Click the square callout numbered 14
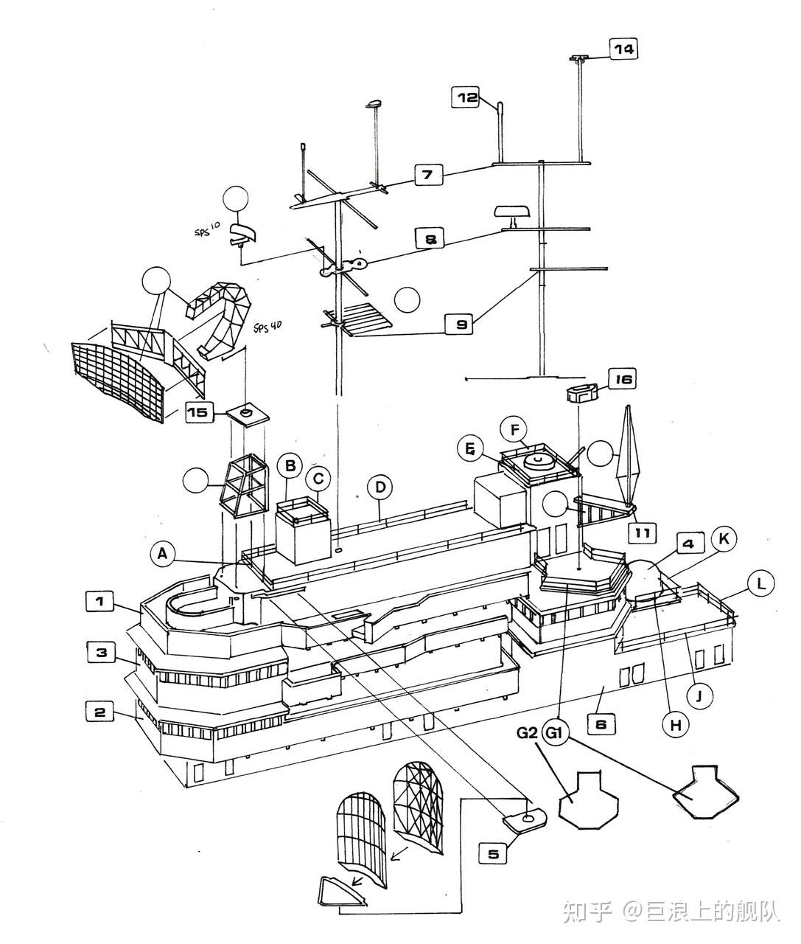(624, 49)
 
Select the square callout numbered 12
(466, 97)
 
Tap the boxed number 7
(429, 175)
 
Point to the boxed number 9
(460, 324)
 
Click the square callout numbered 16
(623, 380)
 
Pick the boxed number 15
(200, 412)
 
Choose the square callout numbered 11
(643, 533)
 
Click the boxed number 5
(494, 854)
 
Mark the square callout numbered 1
(100, 602)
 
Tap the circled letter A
(162, 555)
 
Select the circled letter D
(380, 487)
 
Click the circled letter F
(514, 430)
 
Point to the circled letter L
(760, 583)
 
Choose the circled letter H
(676, 725)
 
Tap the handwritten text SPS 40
(267, 327)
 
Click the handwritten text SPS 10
(207, 229)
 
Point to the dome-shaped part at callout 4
(645, 579)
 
